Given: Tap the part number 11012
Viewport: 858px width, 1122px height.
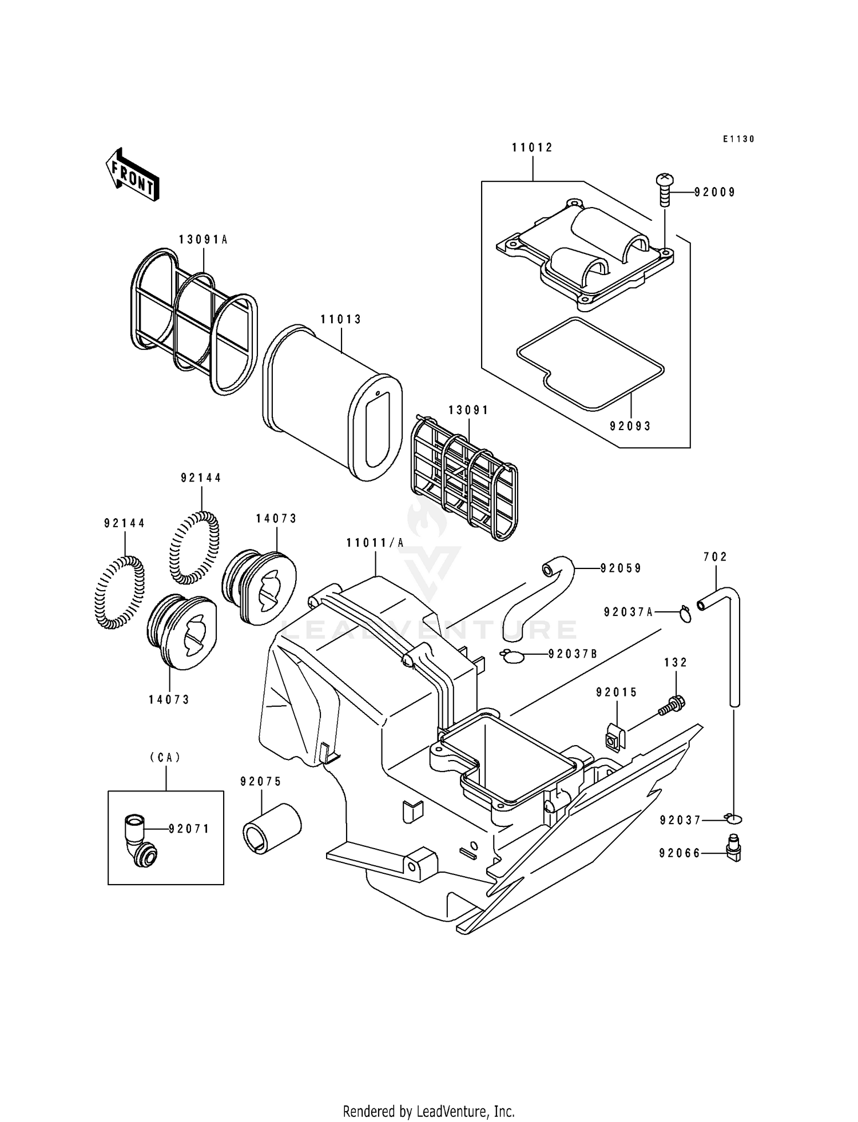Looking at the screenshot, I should click(532, 148).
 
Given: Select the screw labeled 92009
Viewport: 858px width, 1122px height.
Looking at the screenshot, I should click(665, 190).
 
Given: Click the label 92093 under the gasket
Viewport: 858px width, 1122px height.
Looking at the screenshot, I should click(630, 426).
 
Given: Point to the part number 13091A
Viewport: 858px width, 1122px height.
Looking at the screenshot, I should click(203, 240).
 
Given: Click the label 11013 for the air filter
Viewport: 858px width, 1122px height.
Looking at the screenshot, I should click(341, 319).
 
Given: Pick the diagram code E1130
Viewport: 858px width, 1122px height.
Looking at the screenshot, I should click(738, 139).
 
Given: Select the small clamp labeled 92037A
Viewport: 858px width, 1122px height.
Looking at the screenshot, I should click(685, 614).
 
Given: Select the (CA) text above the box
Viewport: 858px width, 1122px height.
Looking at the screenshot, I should click(165, 757).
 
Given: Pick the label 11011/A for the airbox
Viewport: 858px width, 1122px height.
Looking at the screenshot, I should click(375, 543).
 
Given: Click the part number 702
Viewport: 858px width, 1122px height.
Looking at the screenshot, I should click(715, 556).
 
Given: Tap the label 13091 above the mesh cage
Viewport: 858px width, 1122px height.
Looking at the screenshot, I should click(468, 410).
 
